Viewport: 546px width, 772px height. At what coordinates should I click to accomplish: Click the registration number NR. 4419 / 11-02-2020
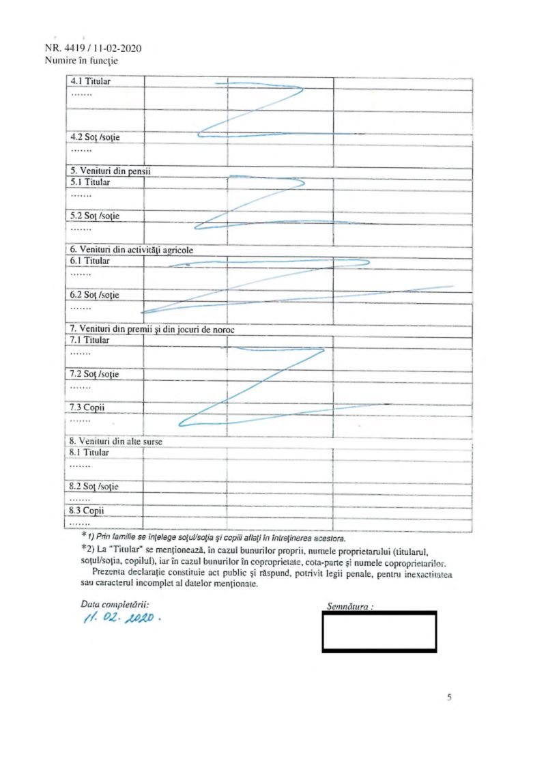[x=92, y=49]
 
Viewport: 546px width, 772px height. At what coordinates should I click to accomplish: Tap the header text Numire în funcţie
[x=81, y=60]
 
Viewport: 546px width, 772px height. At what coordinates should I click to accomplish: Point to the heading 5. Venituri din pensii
[x=112, y=171]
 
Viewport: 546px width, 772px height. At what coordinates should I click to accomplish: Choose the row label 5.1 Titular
[x=90, y=182]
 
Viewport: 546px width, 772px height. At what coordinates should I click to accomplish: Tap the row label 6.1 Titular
[x=90, y=261]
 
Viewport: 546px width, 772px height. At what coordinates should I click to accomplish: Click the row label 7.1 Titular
[x=90, y=340]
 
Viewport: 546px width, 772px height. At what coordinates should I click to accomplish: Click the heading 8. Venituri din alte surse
[x=117, y=442]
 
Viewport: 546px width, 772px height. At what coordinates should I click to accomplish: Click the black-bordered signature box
[x=379, y=631]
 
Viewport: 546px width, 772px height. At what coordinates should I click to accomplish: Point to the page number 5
[x=448, y=698]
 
